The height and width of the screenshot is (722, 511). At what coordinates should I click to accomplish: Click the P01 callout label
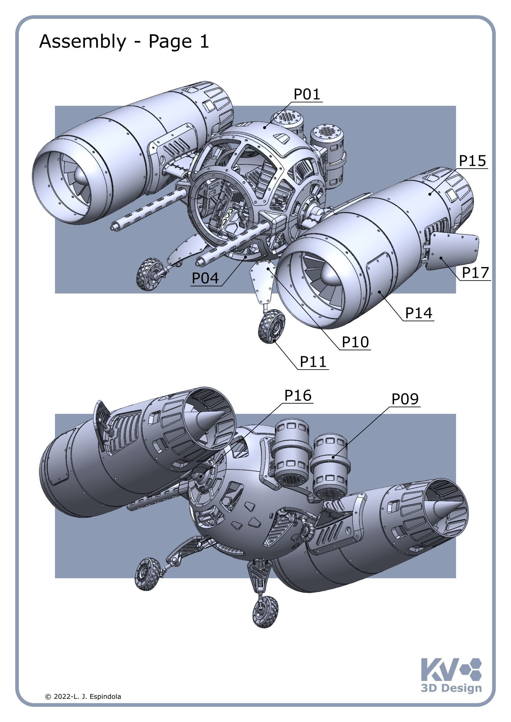306,94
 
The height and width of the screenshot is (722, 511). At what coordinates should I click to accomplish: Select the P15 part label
472,161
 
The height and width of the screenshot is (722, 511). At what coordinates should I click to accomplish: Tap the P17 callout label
475,272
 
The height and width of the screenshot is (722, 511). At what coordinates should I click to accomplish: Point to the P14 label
419,313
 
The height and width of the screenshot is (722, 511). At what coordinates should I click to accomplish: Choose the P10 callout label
355,342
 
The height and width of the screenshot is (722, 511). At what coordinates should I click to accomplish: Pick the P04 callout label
205,278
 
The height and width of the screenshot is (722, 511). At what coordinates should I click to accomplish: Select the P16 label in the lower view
298,395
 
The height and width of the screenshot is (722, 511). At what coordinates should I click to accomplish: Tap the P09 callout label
405,399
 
